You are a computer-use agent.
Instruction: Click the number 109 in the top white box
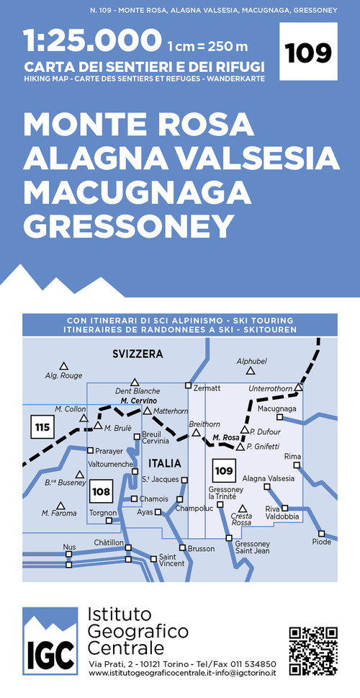(309, 52)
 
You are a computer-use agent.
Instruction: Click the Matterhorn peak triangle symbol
(147, 411)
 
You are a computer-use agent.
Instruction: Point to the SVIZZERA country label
(138, 354)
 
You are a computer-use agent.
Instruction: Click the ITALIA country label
(165, 462)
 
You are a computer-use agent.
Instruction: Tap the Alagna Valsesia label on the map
(268, 478)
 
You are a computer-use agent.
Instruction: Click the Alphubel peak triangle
(251, 371)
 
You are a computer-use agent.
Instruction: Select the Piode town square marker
(322, 534)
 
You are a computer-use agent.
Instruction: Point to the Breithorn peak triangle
(196, 433)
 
